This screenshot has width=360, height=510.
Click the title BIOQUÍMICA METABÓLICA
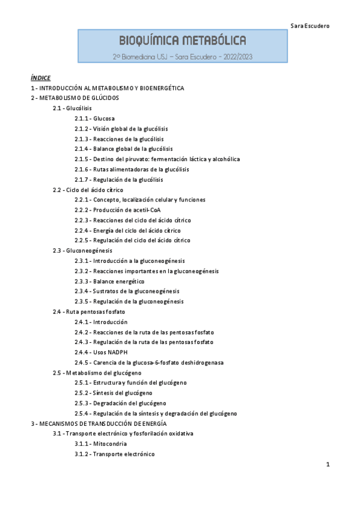pyautogui.click(x=183, y=40)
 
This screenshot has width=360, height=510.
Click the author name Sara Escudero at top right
pyautogui.click(x=310, y=26)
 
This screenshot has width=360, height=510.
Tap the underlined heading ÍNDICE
pyautogui.click(x=41, y=78)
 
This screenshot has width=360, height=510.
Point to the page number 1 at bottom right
pyautogui.click(x=328, y=464)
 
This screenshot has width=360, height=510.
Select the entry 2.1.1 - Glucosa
pyautogui.click(x=94, y=118)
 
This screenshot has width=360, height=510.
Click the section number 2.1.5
pyautogui.click(x=82, y=159)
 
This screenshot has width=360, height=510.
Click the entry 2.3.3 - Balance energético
pyautogui.click(x=109, y=281)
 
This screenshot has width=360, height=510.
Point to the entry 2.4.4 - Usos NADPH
pyautogui.click(x=101, y=352)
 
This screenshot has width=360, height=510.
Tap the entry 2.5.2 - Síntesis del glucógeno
pyautogui.click(x=113, y=393)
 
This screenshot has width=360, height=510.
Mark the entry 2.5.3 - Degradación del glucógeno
pyautogui.click(x=120, y=403)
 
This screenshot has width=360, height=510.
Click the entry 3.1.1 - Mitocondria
pyautogui.click(x=100, y=443)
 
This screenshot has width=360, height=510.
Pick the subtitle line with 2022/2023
pyautogui.click(x=182, y=56)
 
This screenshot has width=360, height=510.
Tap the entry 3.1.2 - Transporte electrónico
pyautogui.click(x=114, y=453)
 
